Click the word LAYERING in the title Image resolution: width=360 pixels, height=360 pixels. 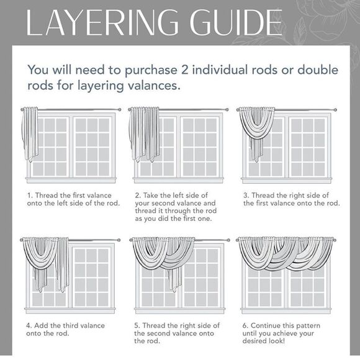pos(102,22)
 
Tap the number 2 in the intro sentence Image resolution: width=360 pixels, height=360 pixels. pos(184,70)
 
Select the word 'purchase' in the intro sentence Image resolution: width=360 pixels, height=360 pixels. pos(151,71)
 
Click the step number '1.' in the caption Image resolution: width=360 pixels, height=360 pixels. pos(30,196)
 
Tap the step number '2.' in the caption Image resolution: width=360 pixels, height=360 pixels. pos(138,196)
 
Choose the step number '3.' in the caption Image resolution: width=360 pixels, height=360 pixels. pos(246,196)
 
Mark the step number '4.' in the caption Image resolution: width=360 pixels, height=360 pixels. pos(29,326)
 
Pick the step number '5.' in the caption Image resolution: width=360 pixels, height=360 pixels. pos(137,326)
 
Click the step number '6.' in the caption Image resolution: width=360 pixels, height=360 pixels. pos(245,326)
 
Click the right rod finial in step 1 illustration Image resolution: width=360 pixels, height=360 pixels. pos(119,109)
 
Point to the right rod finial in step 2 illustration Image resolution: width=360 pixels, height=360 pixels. pos(227,109)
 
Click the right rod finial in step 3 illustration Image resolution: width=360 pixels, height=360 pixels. pos(335,110)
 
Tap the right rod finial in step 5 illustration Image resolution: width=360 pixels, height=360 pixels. pos(228,240)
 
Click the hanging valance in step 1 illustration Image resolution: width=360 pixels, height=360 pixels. pos(30,134)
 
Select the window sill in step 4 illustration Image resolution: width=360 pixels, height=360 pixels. pos(70,310)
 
